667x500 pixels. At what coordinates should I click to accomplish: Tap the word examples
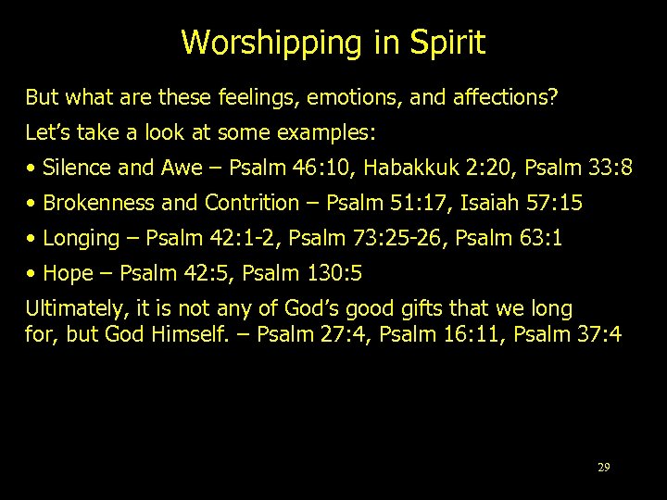point(327,132)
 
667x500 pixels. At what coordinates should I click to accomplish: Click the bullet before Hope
point(31,274)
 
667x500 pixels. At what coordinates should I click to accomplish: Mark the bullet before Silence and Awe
point(31,169)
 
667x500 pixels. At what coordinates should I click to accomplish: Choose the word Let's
point(47,132)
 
